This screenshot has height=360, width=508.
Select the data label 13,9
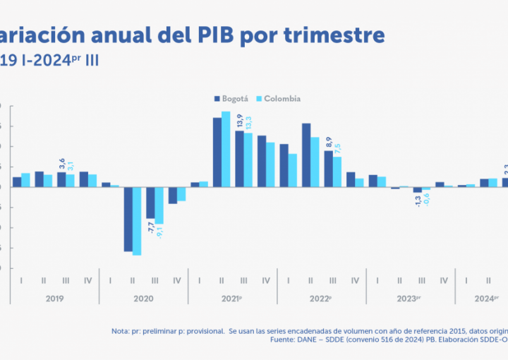point(240,121)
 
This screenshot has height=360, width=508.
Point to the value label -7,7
point(150,227)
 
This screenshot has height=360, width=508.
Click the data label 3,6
point(61,164)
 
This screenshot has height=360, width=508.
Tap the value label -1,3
point(418,201)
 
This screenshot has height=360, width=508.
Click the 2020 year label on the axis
point(143,299)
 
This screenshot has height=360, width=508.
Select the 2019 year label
point(54,299)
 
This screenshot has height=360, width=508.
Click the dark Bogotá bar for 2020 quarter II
point(128,220)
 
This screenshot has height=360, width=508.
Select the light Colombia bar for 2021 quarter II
point(226,149)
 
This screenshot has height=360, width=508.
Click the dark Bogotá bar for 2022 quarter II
point(306,155)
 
